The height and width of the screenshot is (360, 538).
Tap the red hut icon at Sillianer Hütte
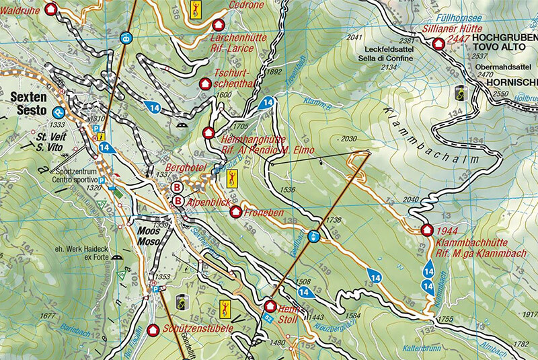(439, 44)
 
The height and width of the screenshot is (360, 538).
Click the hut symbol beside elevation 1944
(426, 229)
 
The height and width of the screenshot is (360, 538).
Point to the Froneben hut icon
(235, 213)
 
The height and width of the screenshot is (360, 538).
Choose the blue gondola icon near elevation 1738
(313, 236)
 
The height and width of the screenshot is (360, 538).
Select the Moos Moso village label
(149, 236)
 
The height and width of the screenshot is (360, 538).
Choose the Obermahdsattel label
(498, 67)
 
